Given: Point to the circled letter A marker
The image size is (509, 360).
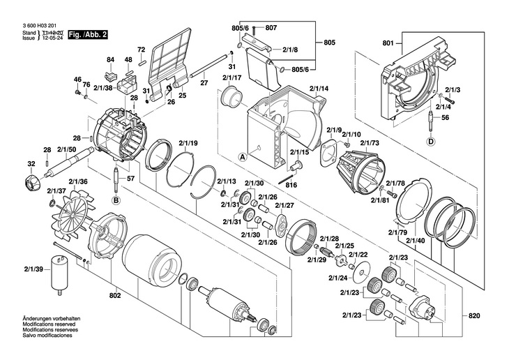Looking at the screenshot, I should point(243,157).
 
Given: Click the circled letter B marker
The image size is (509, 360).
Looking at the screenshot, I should point(116,200).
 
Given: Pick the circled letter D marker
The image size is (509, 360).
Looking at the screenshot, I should point(430,143).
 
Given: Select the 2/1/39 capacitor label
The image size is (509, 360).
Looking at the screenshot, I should point(33,269).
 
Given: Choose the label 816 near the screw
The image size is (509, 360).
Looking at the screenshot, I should point(291,185).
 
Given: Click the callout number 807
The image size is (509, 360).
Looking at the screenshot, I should point(271,27).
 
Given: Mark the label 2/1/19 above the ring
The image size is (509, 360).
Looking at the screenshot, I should point(188,144).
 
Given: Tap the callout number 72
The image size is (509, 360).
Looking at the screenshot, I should point(141,50).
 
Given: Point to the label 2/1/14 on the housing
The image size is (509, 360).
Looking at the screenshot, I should point(319,89).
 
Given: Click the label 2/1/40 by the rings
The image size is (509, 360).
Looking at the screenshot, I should point(416,241).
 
